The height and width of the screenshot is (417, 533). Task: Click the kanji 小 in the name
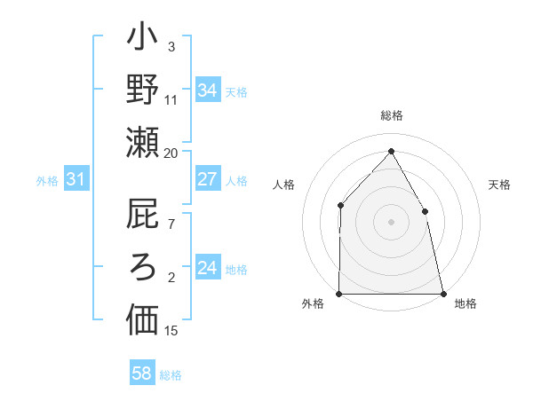[141, 41]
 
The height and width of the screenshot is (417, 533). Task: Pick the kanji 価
[141, 319]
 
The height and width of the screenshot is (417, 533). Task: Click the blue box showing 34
[207, 90]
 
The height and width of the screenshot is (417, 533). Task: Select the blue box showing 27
[207, 179]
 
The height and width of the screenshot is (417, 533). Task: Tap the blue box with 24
[207, 268]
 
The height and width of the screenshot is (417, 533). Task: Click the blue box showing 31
[76, 180]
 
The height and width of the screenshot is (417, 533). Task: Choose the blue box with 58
[141, 374]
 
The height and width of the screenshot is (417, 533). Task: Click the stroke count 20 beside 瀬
[171, 153]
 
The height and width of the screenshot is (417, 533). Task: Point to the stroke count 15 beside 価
[171, 331]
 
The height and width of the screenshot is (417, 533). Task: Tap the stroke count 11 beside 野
[171, 100]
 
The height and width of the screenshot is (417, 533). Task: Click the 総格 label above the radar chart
[392, 115]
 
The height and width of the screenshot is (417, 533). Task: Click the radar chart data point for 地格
[442, 293]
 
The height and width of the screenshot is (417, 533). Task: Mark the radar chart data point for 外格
[339, 293]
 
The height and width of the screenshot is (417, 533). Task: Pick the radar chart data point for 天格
[425, 211]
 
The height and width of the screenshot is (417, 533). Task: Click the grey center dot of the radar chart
[391, 222]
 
